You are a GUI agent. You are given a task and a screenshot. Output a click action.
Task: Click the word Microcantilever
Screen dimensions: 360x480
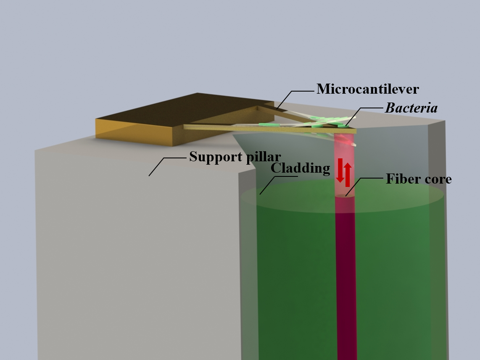coord(367,89)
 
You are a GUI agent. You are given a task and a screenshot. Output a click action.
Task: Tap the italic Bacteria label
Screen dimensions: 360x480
coord(411,108)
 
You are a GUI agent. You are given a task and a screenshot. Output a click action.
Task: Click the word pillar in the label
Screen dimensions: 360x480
coord(261,157)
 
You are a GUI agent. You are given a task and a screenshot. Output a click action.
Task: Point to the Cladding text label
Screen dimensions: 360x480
coord(300,168)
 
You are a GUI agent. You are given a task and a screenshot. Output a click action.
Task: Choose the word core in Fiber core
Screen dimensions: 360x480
coord(438,179)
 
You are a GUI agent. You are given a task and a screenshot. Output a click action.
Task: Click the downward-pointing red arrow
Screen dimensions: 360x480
coord(340,171)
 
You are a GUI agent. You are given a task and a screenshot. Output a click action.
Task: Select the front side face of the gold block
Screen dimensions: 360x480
coord(135,133)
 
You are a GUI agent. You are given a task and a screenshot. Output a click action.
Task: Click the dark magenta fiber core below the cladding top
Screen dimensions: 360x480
coord(345,273)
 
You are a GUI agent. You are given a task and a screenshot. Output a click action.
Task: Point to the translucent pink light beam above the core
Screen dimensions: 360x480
coord(345,155)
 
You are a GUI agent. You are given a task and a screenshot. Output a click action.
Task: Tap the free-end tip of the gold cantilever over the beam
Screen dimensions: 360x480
coord(352,131)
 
